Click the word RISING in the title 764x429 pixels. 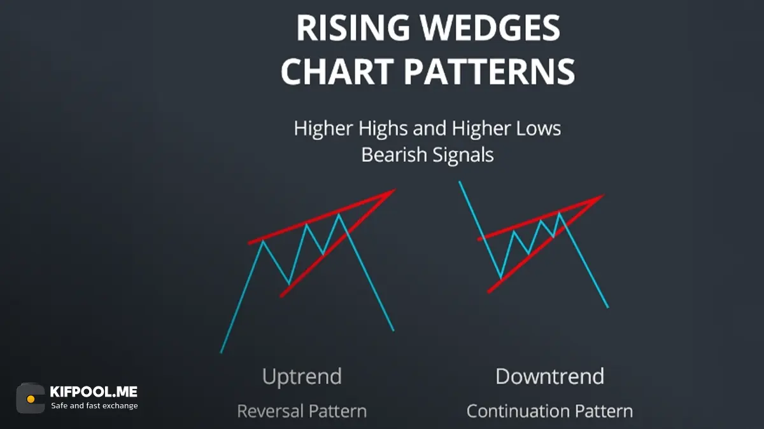[353, 27]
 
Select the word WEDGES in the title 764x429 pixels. [490, 27]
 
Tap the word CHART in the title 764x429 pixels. [337, 71]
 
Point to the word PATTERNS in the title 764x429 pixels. [490, 71]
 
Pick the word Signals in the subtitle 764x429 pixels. [463, 156]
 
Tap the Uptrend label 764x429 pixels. [302, 377]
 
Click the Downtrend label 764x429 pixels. [550, 376]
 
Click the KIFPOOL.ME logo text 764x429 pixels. [94, 392]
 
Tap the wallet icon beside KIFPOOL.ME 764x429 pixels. [31, 398]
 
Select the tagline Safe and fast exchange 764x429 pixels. [94, 406]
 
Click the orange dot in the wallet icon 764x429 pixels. [31, 399]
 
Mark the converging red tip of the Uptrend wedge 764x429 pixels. [395, 190]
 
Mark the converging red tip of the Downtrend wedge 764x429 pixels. [604, 196]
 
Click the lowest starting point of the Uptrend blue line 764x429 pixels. [221, 353]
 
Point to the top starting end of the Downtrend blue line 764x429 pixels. [460, 182]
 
